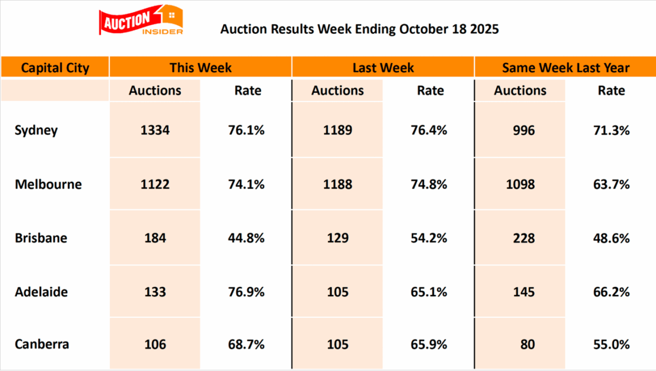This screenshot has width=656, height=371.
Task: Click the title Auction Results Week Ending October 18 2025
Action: point(359,28)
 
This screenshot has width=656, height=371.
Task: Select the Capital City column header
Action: point(55,68)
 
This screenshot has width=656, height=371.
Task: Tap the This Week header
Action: point(201,68)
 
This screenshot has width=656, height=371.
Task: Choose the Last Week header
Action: point(383,68)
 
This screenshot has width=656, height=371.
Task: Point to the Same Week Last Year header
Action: point(565,68)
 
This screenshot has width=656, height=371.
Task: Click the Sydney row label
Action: point(36,130)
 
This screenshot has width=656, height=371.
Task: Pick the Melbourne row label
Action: point(48,184)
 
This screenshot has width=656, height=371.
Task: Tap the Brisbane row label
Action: point(41,238)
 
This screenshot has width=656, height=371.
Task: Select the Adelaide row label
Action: point(41,292)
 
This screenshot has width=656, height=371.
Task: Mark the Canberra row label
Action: point(42,344)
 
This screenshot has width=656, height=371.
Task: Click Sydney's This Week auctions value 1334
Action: point(155,130)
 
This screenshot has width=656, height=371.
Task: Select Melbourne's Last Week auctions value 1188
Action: point(337,184)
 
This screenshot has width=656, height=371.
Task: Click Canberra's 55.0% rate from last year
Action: point(611,344)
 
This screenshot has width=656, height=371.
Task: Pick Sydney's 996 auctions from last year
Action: point(520,130)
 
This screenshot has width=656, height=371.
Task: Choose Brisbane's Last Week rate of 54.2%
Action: point(430,238)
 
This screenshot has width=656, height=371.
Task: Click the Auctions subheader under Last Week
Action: point(337,91)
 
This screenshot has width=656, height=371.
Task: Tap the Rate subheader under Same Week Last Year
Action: point(611,91)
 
